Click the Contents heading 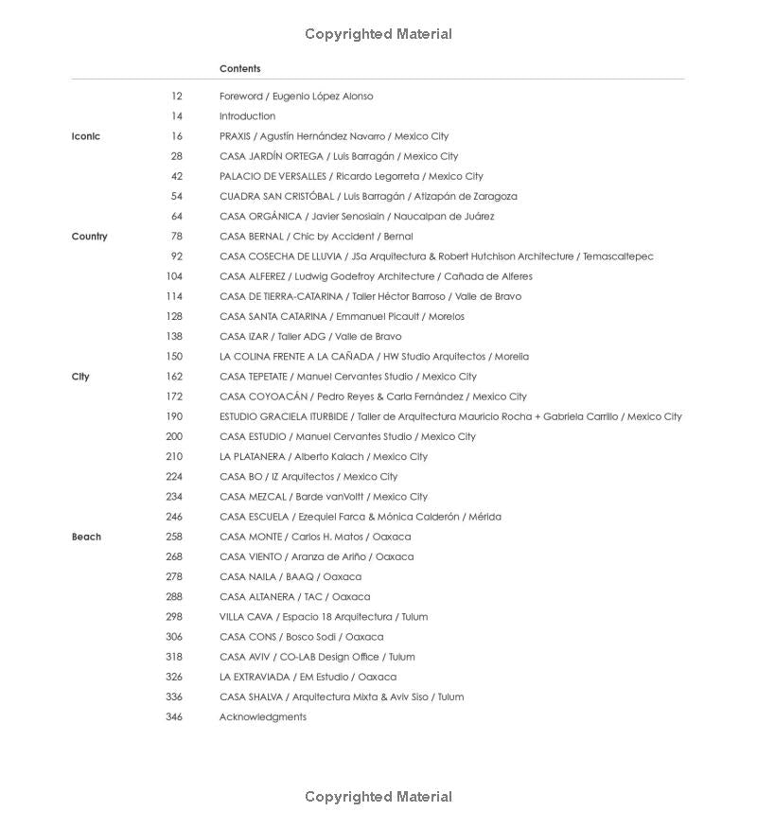point(239,68)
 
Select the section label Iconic point(85,136)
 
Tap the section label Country point(89,237)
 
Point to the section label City point(80,377)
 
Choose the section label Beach point(86,537)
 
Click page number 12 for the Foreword point(177,97)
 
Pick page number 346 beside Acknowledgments point(174,717)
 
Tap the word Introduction point(247,116)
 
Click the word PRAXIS point(235,136)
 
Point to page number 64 point(177,217)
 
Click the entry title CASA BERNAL point(252,237)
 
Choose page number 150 point(174,357)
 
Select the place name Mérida point(484,517)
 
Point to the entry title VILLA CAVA point(245,617)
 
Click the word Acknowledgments point(263,717)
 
